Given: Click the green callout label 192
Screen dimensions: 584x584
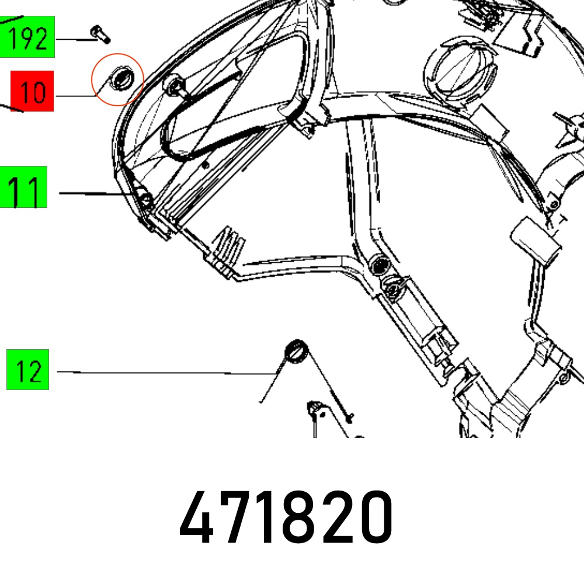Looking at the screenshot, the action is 27,37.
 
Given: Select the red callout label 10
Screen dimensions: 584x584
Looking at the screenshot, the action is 32,91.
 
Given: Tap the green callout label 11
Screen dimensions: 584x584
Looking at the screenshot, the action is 23,187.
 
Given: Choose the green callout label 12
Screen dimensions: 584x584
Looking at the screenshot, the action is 27,370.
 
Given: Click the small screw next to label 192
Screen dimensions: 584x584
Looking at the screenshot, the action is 100,34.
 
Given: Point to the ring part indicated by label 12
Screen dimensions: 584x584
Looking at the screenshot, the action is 297,352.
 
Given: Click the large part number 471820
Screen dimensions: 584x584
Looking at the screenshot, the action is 286,517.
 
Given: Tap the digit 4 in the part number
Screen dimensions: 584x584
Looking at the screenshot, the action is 196,517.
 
